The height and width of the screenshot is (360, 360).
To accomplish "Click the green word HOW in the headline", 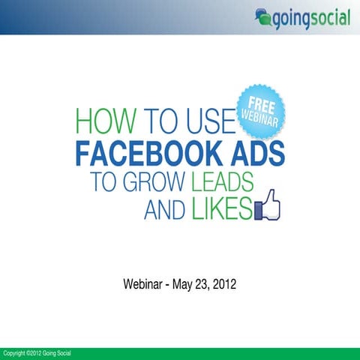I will pyautogui.click(x=100, y=123).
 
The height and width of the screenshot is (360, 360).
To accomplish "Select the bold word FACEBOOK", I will pyautogui.click(x=147, y=155).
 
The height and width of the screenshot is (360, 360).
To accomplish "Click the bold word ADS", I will pyautogui.click(x=253, y=155).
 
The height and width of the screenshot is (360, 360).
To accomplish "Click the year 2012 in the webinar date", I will pyautogui.click(x=225, y=285).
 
